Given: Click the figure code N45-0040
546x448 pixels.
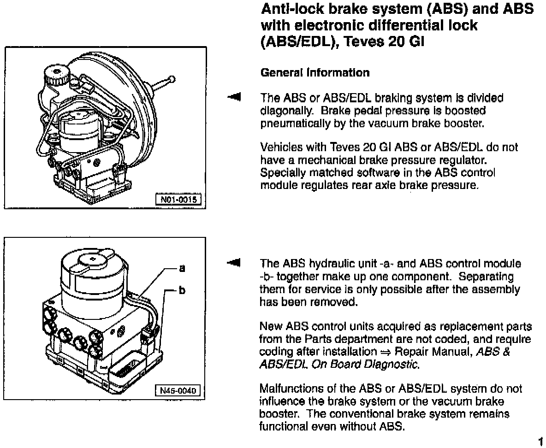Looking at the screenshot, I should point(178,390).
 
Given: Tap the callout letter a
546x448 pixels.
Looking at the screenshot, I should point(182,267).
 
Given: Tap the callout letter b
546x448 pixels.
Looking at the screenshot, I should point(182,290).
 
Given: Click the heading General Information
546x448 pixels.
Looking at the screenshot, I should point(315,73).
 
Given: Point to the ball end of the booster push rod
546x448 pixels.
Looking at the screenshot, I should point(172,80).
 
